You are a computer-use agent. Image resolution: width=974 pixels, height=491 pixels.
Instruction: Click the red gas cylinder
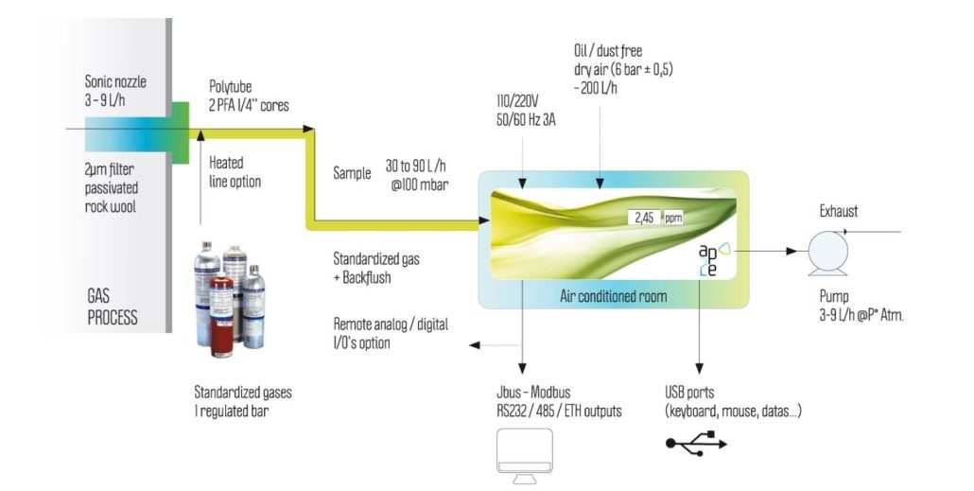[221, 316]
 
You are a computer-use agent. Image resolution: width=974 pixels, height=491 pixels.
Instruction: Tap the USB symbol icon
[696, 443]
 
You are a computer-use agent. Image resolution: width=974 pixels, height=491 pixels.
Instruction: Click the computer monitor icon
[524, 457]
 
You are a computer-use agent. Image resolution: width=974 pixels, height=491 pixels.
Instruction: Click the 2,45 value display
[644, 218]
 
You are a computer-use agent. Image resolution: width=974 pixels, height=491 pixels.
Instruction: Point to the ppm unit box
[673, 219]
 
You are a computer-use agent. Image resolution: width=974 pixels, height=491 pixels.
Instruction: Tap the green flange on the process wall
[180, 133]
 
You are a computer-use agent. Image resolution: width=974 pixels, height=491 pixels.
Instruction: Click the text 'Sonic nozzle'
[115, 81]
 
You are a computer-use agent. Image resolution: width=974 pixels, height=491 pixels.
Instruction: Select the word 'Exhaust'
[838, 211]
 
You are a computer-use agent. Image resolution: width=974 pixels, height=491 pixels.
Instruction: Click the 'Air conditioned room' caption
[613, 296]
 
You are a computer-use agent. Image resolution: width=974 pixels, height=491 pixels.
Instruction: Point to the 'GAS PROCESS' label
[113, 307]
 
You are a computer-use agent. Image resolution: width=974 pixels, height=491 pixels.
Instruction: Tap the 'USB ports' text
[689, 393]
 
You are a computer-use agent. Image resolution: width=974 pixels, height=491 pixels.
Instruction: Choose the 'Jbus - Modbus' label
[533, 393]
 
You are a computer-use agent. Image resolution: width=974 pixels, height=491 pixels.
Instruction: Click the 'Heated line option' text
[235, 172]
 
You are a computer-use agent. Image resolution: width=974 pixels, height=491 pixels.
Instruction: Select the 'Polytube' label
[230, 87]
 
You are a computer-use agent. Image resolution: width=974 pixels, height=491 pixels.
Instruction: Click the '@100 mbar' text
[419, 184]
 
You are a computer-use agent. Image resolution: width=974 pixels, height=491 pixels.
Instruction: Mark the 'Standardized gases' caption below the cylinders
[243, 393]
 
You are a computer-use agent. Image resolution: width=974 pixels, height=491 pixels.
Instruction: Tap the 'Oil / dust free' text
[608, 50]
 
